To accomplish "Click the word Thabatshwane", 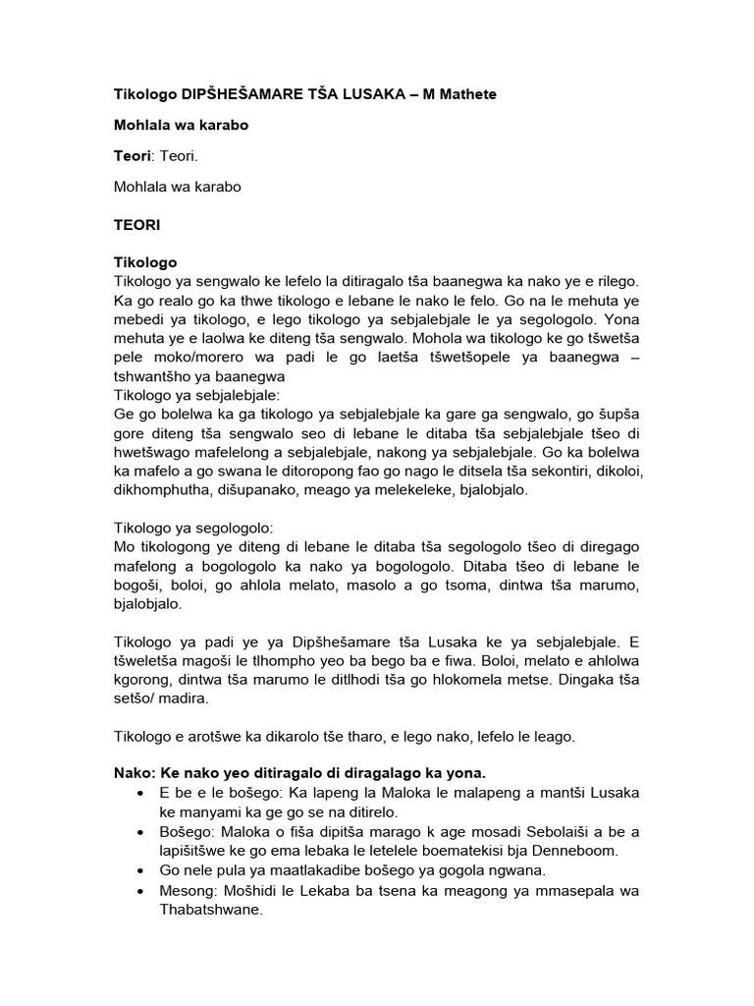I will point(211,909).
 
